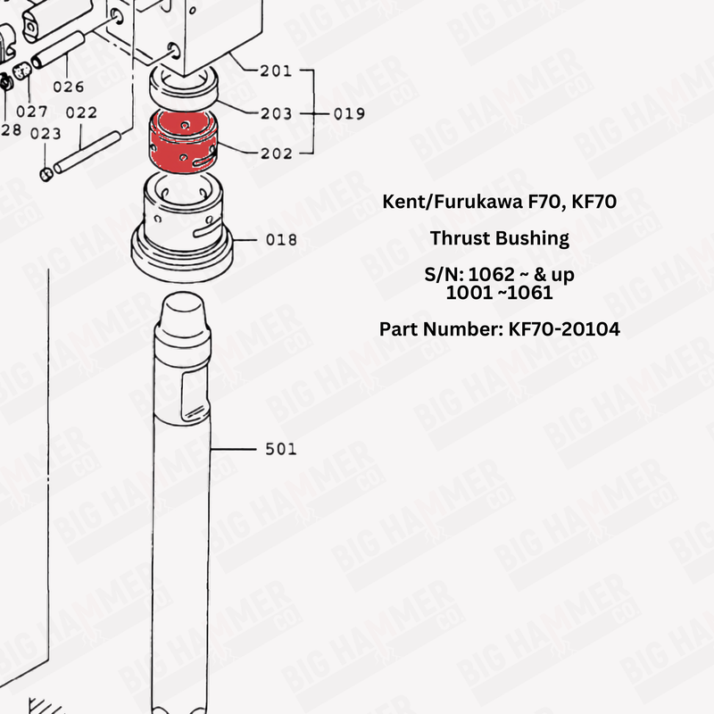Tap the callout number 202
coord(276,154)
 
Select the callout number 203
coord(276,113)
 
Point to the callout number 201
coord(276,71)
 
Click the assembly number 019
coord(349,113)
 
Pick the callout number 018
coord(281,240)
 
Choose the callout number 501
coord(281,449)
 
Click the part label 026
coord(68,87)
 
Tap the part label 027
coord(32,112)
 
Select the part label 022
coord(81,112)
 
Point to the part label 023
coord(46,134)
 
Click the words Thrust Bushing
coord(499,238)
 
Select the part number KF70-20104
coord(499,329)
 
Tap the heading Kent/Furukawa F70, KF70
coord(499,202)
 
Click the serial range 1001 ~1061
coord(499,292)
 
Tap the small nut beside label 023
coord(48,172)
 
